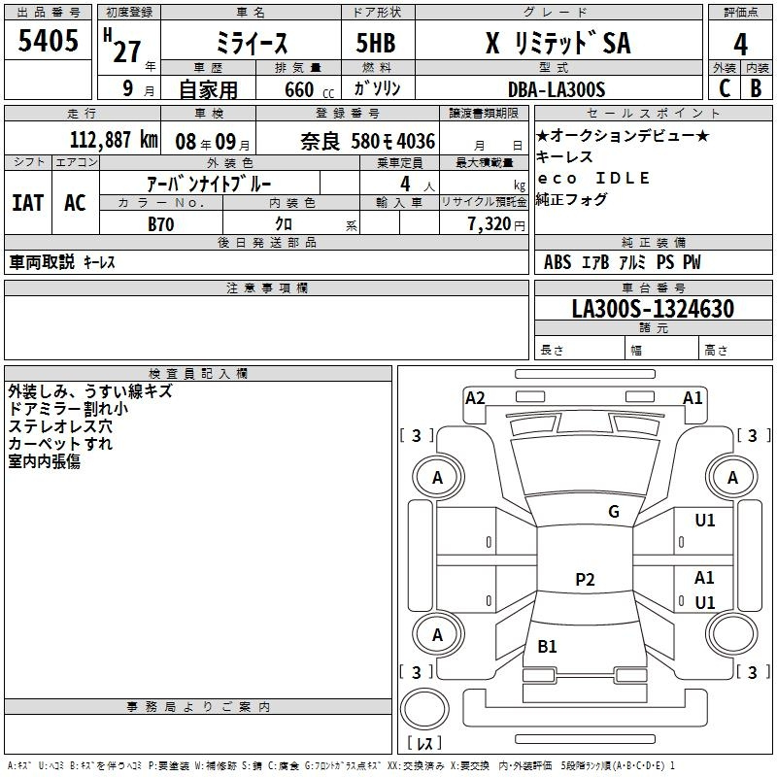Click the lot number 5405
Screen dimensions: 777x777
[x=48, y=40]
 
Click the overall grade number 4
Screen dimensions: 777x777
[x=740, y=45]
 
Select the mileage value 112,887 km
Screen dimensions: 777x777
[x=114, y=140]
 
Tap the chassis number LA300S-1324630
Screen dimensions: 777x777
[x=653, y=308]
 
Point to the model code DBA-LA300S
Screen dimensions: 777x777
[x=557, y=89]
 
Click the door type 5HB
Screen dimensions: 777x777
[x=376, y=43]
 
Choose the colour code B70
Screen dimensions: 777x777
[x=161, y=224]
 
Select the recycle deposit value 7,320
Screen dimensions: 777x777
[x=490, y=224]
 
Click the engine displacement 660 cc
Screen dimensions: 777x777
[x=309, y=89]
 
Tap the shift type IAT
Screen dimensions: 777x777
[x=28, y=203]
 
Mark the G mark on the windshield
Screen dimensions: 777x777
[x=614, y=511]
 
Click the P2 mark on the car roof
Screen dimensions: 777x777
[x=585, y=579]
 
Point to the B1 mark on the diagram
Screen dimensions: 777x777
[x=547, y=646]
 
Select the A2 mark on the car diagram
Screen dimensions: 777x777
[x=475, y=398]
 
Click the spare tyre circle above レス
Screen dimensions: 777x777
[x=424, y=709]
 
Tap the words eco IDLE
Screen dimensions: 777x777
[x=593, y=178]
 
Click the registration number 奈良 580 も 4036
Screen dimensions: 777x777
[x=368, y=142]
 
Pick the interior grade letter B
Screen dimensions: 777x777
[x=756, y=88]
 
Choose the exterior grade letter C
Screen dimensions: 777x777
[x=725, y=88]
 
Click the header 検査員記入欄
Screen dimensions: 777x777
[x=198, y=374]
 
